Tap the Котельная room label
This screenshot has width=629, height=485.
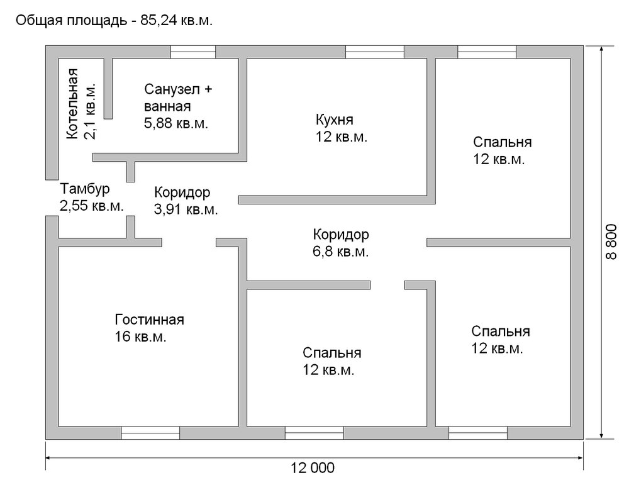[x=72, y=103]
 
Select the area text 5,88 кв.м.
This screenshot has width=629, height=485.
[x=176, y=123]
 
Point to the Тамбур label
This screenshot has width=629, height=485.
[x=86, y=189]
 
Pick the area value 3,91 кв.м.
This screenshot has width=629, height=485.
[x=186, y=209]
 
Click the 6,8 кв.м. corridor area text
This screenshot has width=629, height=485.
[x=341, y=252]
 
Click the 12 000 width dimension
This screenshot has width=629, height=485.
[x=313, y=467]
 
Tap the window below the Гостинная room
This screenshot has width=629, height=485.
[x=150, y=433]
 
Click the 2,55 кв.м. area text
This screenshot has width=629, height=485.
[x=92, y=205]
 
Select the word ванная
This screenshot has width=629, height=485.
[x=167, y=106]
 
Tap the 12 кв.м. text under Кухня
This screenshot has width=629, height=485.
[x=342, y=137]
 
